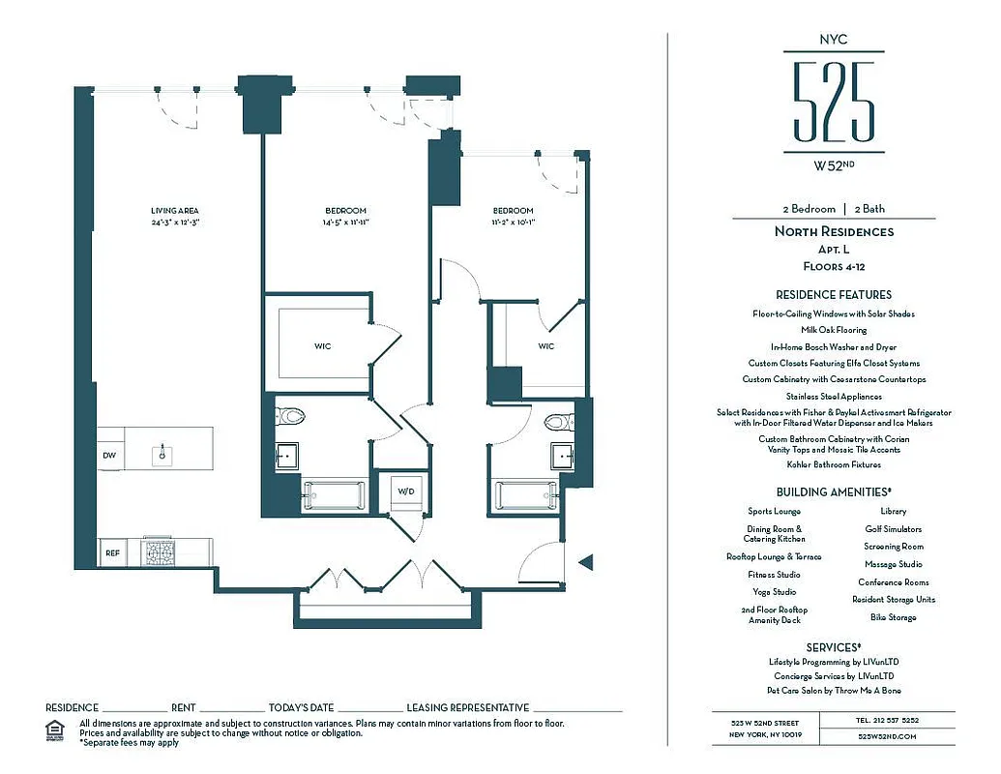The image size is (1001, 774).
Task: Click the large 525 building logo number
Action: [x=833, y=102]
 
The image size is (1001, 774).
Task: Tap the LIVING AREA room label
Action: [x=174, y=211]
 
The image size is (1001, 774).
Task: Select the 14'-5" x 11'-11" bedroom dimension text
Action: [x=345, y=223]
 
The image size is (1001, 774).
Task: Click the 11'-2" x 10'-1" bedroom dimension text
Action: [x=513, y=223]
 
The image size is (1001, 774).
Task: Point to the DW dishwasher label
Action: [x=109, y=455]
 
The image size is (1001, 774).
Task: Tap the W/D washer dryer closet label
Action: [x=406, y=491]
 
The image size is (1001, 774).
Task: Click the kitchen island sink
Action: [x=162, y=453]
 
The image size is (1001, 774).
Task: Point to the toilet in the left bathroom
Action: [x=290, y=417]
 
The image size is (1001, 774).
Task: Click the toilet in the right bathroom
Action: [x=558, y=422]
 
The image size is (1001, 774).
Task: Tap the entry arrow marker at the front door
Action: [x=583, y=561]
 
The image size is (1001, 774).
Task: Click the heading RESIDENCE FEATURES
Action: [x=833, y=294]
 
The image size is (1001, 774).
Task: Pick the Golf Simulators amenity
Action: [x=893, y=529]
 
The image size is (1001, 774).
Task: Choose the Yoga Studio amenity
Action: [x=774, y=592]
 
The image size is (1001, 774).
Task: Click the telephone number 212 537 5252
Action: [x=887, y=721]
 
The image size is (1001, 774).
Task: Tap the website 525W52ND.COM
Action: [x=887, y=736]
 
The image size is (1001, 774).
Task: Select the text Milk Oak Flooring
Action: [x=833, y=330]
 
